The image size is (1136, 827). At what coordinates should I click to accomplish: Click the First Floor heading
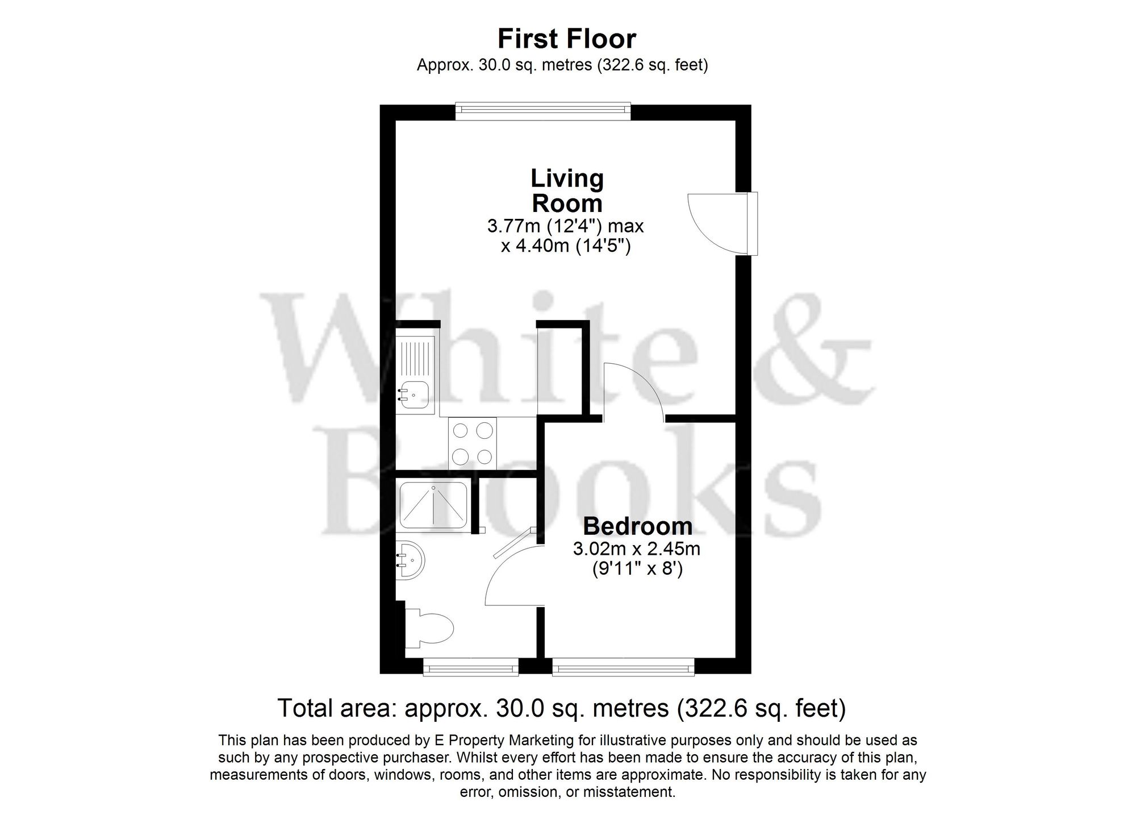click(x=567, y=39)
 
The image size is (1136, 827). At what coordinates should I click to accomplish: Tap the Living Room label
click(x=567, y=191)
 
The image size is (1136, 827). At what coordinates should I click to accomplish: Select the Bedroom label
click(x=637, y=526)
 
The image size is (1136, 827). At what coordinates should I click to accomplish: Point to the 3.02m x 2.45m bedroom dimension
click(x=636, y=549)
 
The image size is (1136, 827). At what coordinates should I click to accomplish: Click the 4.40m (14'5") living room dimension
click(x=566, y=247)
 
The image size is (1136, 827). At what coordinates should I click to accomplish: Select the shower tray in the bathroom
click(x=433, y=505)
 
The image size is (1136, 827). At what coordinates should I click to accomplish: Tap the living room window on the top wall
click(x=543, y=111)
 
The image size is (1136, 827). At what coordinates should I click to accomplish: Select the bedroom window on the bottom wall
click(x=623, y=667)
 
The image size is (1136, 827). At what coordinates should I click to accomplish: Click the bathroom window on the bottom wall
click(x=471, y=667)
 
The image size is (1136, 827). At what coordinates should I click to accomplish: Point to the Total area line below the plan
click(x=561, y=708)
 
